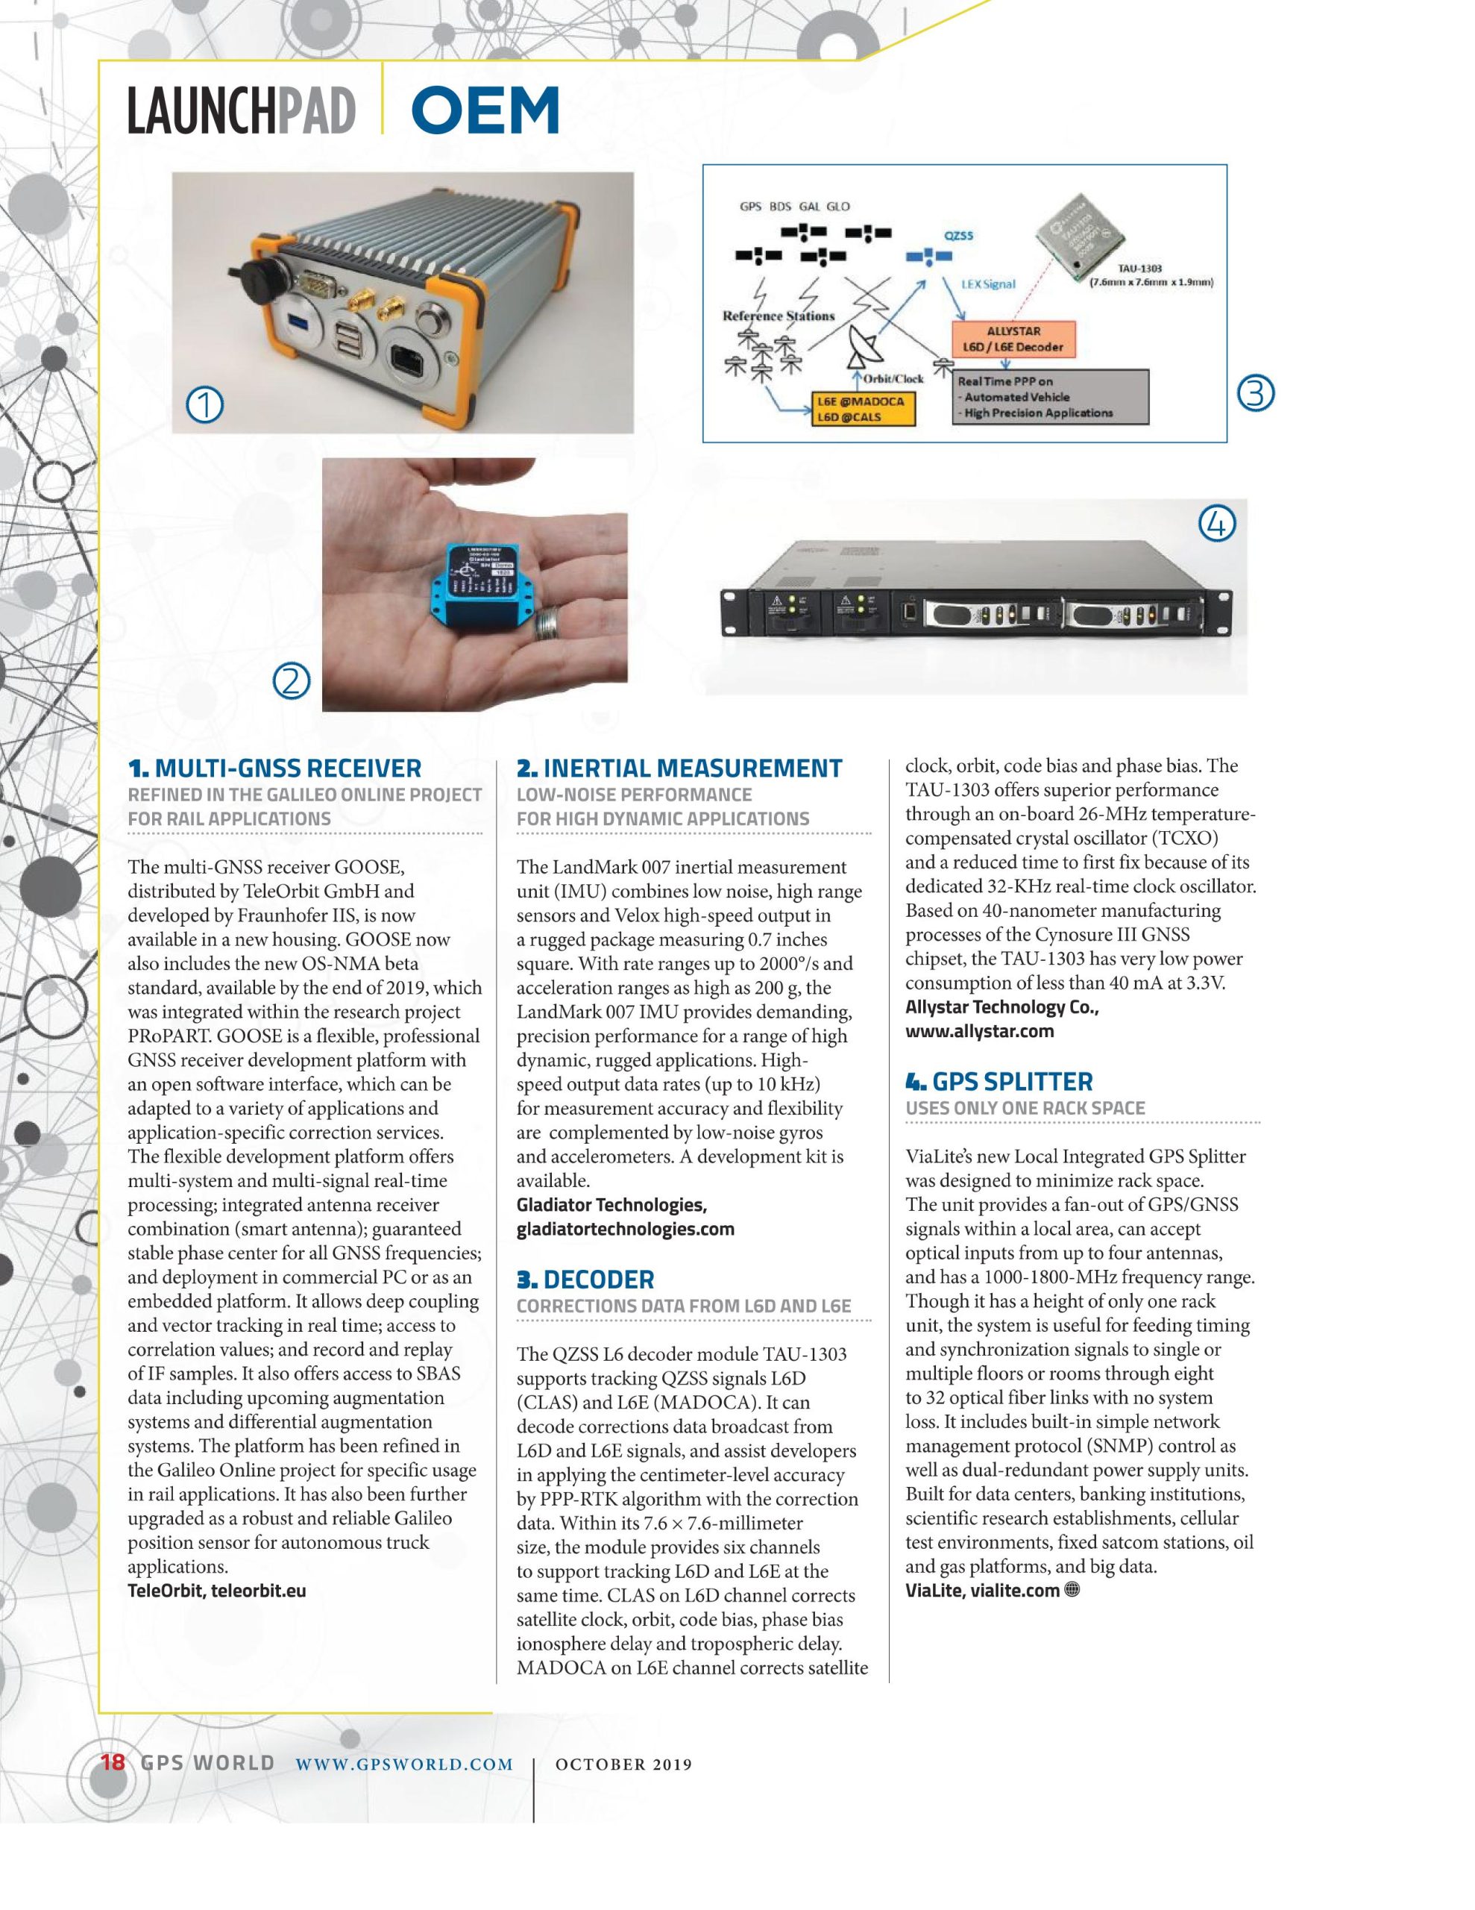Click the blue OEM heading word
(x=485, y=111)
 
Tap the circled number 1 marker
(x=206, y=405)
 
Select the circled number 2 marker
(x=292, y=680)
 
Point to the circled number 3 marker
(x=1257, y=395)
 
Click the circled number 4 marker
(x=1216, y=524)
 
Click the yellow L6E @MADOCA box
(x=863, y=408)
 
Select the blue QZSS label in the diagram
(x=958, y=235)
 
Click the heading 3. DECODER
(x=585, y=1280)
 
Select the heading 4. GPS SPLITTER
(x=998, y=1082)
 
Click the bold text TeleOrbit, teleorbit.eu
(x=217, y=1590)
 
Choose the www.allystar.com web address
(x=979, y=1031)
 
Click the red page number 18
(x=113, y=1762)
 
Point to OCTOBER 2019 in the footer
(x=623, y=1765)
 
